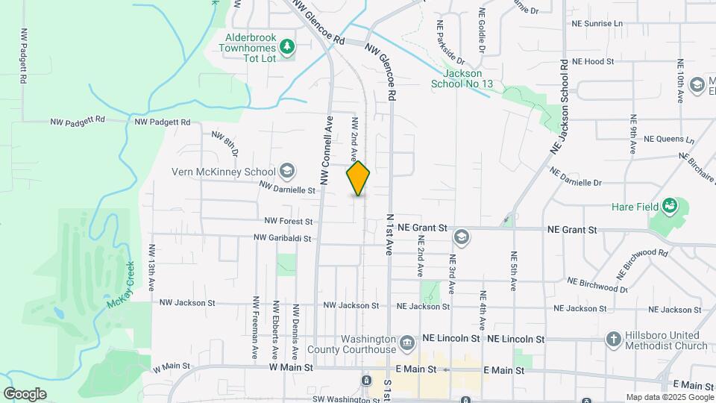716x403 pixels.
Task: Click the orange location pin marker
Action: pyautogui.click(x=359, y=178)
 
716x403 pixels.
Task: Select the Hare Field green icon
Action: pyautogui.click(x=670, y=205)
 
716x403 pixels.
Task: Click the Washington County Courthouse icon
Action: pyautogui.click(x=406, y=343)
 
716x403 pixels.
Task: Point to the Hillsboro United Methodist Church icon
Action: pyautogui.click(x=613, y=340)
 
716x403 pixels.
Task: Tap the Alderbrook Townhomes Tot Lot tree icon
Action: pyautogui.click(x=287, y=48)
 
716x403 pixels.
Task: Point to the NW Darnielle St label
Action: pyautogui.click(x=288, y=190)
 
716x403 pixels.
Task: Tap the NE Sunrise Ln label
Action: pyautogui.click(x=597, y=24)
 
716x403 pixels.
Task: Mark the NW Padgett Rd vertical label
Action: pyautogui.click(x=25, y=56)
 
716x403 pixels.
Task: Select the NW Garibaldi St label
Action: pyautogui.click(x=282, y=238)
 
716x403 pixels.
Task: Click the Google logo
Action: pyautogui.click(x=25, y=394)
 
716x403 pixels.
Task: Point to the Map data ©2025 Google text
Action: pyautogui.click(x=669, y=397)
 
